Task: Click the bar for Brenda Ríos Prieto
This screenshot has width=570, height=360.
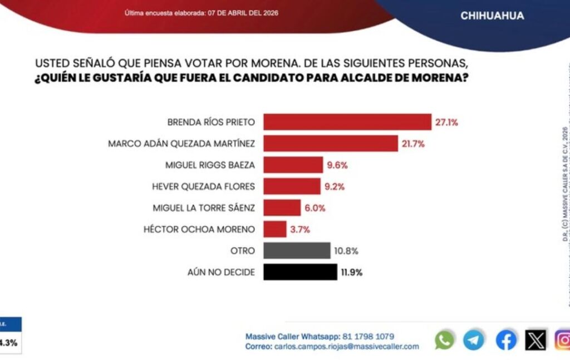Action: point(347,122)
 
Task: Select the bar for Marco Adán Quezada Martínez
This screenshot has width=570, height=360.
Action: point(330,144)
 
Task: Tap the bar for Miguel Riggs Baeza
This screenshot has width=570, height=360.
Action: point(293,165)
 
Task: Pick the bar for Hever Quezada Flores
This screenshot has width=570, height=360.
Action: point(292,186)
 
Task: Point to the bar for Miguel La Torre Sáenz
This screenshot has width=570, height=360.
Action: point(282,208)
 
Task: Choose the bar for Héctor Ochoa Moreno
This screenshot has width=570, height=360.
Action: point(274,229)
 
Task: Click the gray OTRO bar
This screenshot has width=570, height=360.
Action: point(296,250)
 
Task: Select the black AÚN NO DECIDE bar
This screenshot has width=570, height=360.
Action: point(300,272)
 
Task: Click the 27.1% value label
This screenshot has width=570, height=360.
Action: point(446,122)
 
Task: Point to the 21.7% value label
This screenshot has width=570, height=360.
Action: point(413,144)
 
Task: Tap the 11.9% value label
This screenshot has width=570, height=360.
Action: point(352,272)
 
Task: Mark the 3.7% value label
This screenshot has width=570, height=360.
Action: point(299,229)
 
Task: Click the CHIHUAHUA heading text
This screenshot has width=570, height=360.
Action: point(492,16)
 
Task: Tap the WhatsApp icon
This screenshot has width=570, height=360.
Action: point(444,339)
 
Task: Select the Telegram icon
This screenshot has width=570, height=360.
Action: point(474,339)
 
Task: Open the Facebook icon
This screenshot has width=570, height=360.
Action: point(506,339)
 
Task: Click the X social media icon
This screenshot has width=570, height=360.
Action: point(535,339)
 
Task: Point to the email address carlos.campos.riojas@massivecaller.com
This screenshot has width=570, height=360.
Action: point(346,346)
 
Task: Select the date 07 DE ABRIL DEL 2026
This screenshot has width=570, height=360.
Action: point(243,13)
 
